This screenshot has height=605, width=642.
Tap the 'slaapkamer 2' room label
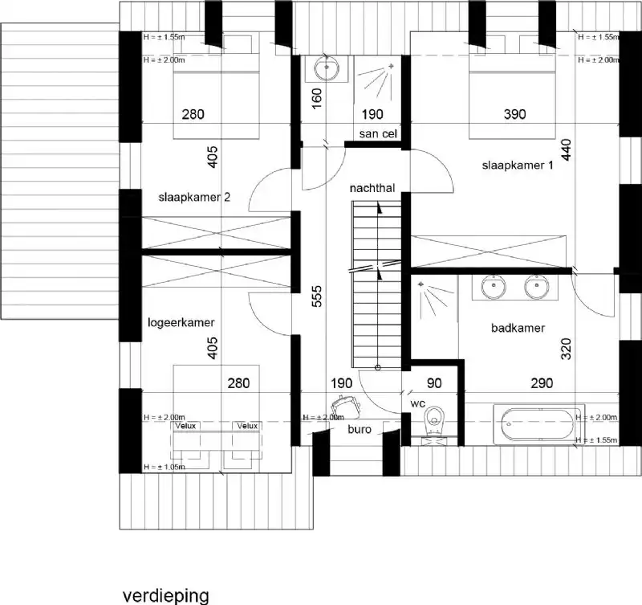click(194, 196)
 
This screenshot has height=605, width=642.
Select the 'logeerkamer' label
click(181, 322)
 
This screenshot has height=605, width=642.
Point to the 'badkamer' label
click(518, 328)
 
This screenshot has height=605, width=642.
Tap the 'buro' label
click(359, 430)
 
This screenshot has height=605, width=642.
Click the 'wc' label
click(416, 403)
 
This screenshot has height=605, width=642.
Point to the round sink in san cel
click(327, 69)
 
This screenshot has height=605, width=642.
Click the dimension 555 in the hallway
click(317, 298)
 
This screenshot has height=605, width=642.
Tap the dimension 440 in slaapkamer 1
click(567, 151)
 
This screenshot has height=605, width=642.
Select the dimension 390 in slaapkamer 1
click(514, 115)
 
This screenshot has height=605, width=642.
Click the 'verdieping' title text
click(165, 595)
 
